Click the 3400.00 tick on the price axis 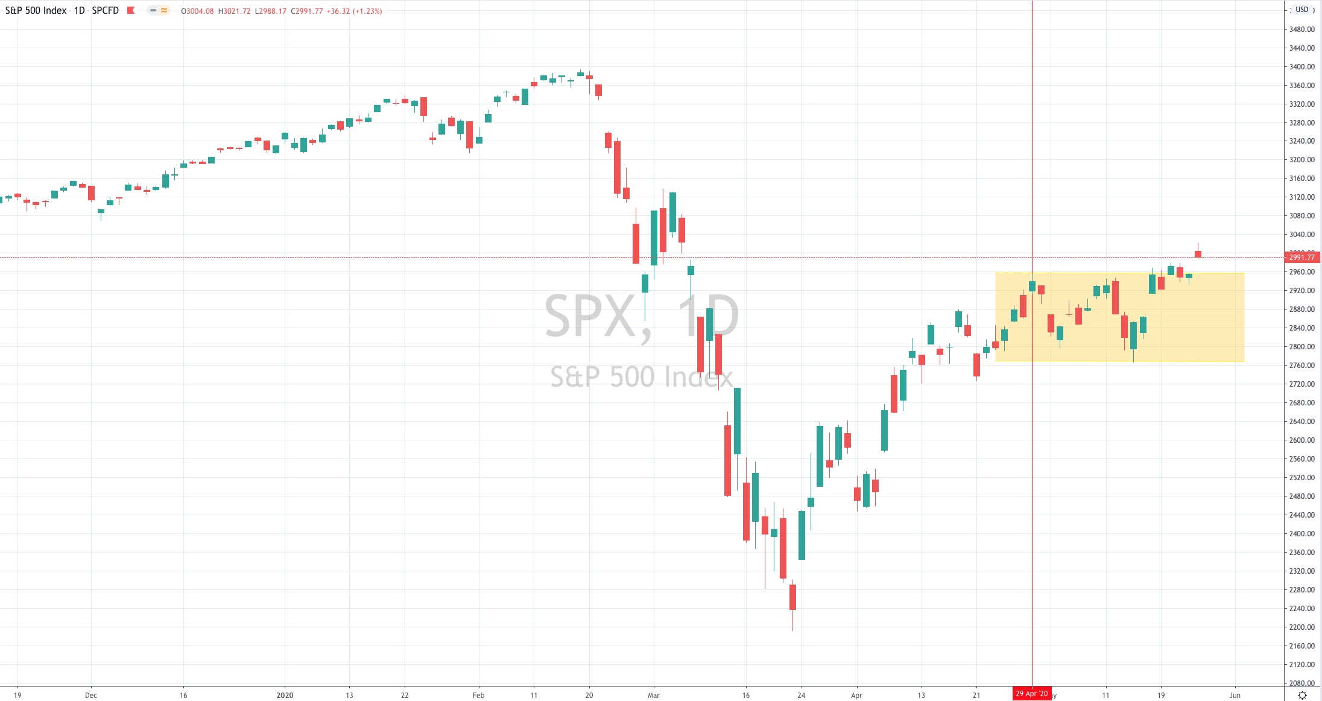1301,67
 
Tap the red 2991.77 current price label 1302,258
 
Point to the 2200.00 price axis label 1301,627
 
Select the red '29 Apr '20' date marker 1031,694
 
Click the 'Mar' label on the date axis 654,696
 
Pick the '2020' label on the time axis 285,696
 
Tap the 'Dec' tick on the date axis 91,696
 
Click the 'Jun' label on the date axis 1235,696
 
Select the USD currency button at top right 1302,10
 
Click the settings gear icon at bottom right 1302,696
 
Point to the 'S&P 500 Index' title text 36,11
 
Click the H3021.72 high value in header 234,11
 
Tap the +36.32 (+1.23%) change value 354,11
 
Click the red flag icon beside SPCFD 131,10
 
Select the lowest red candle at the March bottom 792,597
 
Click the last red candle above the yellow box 1198,254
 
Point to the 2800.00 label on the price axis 1301,347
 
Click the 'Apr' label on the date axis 856,696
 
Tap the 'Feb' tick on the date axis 478,696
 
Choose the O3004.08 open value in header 197,11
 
